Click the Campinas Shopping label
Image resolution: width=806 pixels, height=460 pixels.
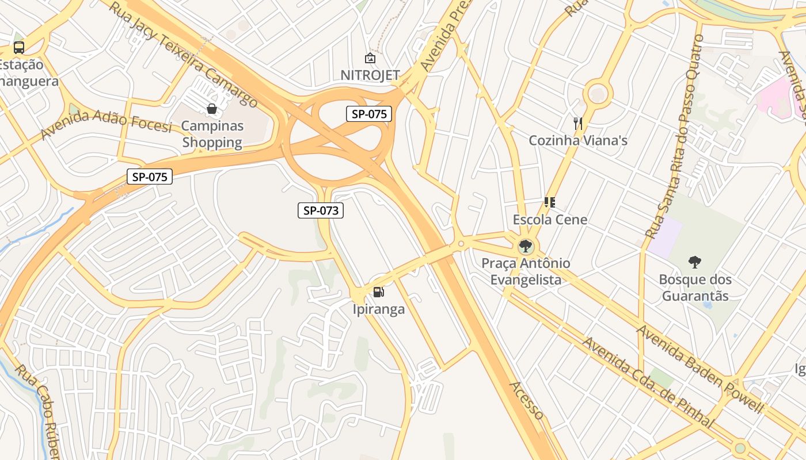(x=212, y=134)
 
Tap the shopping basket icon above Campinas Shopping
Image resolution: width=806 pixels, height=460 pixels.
(x=212, y=108)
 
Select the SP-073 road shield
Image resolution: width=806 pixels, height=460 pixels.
(x=321, y=210)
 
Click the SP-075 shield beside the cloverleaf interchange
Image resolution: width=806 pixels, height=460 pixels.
(x=369, y=114)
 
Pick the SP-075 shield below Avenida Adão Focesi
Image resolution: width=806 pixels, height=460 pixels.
(x=150, y=177)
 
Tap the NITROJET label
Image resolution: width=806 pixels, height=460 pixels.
(x=370, y=75)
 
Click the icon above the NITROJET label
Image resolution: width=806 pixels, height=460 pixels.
(x=370, y=58)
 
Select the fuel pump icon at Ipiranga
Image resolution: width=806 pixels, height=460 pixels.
(x=378, y=292)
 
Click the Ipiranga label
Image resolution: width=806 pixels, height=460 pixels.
(x=379, y=309)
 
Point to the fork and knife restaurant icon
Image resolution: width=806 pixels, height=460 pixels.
(x=578, y=123)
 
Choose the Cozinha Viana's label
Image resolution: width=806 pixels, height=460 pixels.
(x=578, y=141)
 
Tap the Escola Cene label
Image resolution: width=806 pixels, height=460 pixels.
(x=550, y=220)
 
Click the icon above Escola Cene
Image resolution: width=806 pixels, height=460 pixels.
(x=549, y=202)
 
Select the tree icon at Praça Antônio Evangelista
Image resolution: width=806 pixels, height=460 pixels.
(x=524, y=247)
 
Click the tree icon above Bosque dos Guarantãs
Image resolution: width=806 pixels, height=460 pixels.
(x=695, y=262)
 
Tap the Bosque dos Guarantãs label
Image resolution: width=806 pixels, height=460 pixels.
(x=695, y=288)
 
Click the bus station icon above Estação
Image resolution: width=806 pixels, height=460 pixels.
(x=19, y=48)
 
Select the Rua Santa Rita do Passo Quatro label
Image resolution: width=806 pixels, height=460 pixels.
(x=675, y=137)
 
